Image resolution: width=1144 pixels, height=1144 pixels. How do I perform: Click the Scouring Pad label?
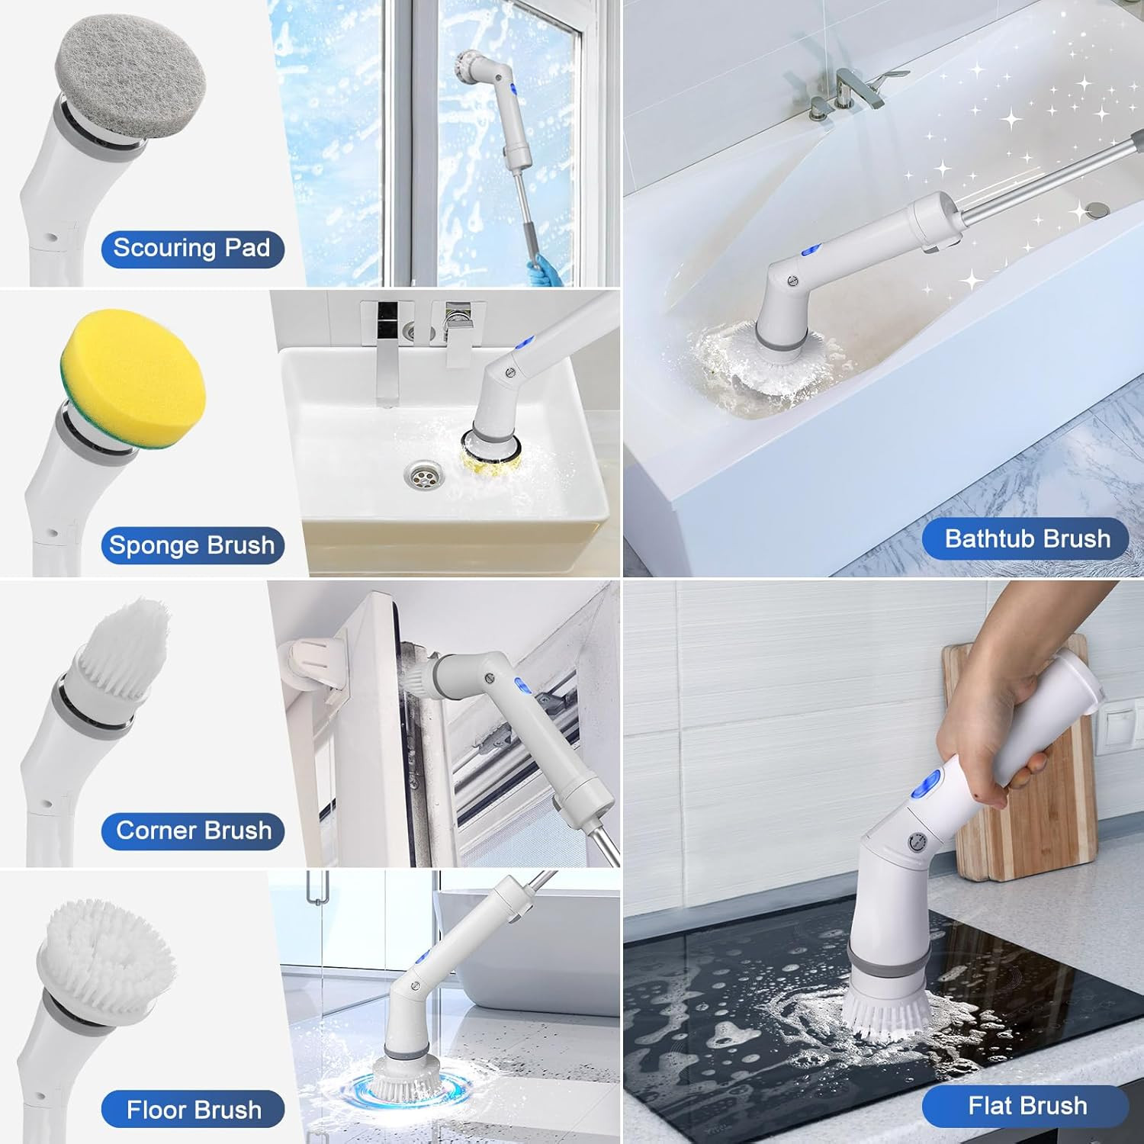point(192,249)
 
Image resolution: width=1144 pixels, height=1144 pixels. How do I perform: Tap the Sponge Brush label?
point(192,545)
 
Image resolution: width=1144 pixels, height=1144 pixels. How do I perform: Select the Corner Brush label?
point(193,831)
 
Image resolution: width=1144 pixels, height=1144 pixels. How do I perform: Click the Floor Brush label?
point(193,1110)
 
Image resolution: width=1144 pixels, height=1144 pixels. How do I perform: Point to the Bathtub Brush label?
point(1027,538)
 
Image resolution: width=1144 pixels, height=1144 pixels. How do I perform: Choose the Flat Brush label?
point(1027,1106)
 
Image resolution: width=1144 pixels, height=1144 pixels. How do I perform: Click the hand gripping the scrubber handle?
point(984,732)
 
